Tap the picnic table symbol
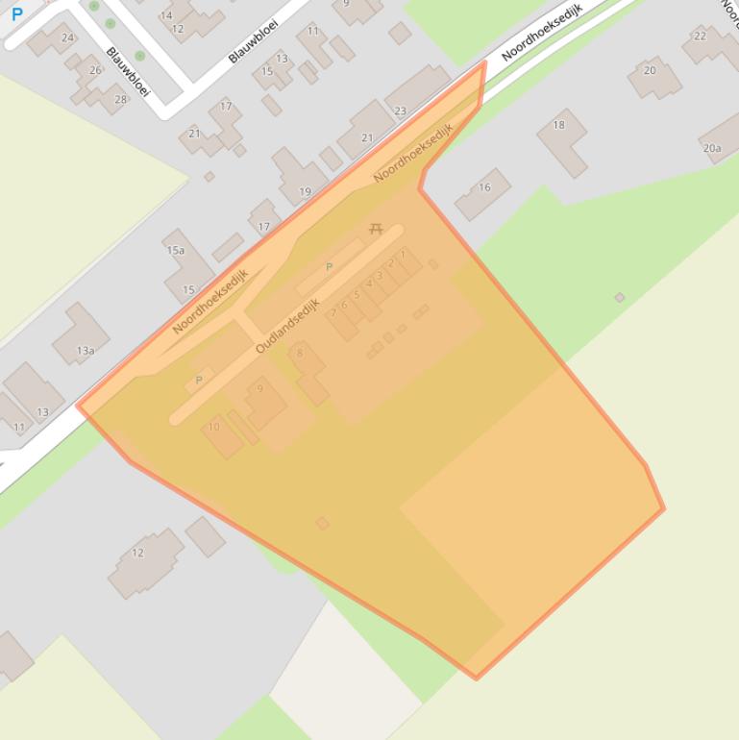pyautogui.click(x=376, y=229)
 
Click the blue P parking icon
pyautogui.click(x=16, y=14)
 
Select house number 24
pyautogui.click(x=67, y=38)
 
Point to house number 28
pyautogui.click(x=120, y=99)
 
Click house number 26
pyautogui.click(x=95, y=70)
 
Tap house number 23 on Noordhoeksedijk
pyautogui.click(x=400, y=111)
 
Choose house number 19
pyautogui.click(x=305, y=192)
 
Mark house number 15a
pyautogui.click(x=175, y=251)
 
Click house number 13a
pyautogui.click(x=86, y=351)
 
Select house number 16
pyautogui.click(x=484, y=187)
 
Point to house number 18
pyautogui.click(x=558, y=125)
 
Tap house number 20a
pyautogui.click(x=711, y=148)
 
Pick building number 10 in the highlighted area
pyautogui.click(x=213, y=427)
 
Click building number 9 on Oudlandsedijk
pyautogui.click(x=259, y=389)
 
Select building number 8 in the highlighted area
pyautogui.click(x=300, y=354)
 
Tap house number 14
pyautogui.click(x=167, y=15)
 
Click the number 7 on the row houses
pyautogui.click(x=403, y=254)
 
